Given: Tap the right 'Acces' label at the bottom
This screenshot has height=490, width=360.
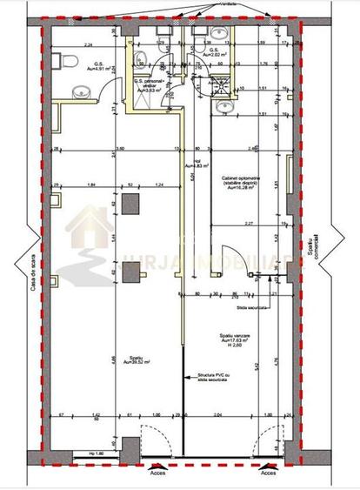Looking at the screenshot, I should click(270, 478).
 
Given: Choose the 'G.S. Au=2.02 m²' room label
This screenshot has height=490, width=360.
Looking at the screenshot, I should click(215, 53).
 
